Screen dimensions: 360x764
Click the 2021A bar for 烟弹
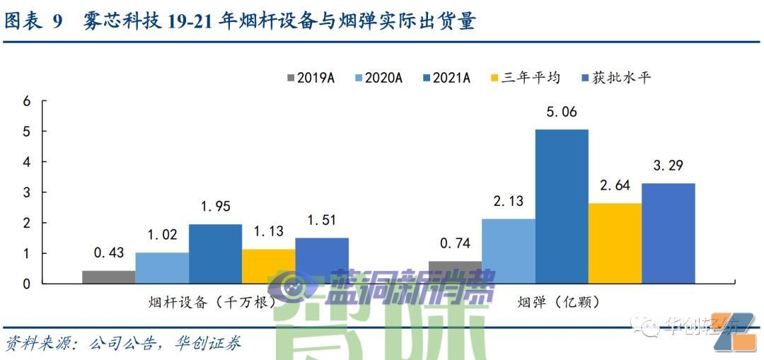[x=562, y=205]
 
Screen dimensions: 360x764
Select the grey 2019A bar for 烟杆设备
[x=108, y=277]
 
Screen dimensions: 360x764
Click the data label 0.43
[x=109, y=252]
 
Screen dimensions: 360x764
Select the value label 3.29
[x=668, y=166]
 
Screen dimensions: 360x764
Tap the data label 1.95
[x=215, y=207]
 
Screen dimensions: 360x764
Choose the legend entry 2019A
[x=311, y=78]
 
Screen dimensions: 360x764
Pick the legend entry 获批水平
[x=615, y=78]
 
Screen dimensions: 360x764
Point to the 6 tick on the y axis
[x=27, y=101]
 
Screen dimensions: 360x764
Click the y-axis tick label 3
[x=27, y=192]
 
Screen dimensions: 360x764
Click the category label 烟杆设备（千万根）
[x=212, y=302]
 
